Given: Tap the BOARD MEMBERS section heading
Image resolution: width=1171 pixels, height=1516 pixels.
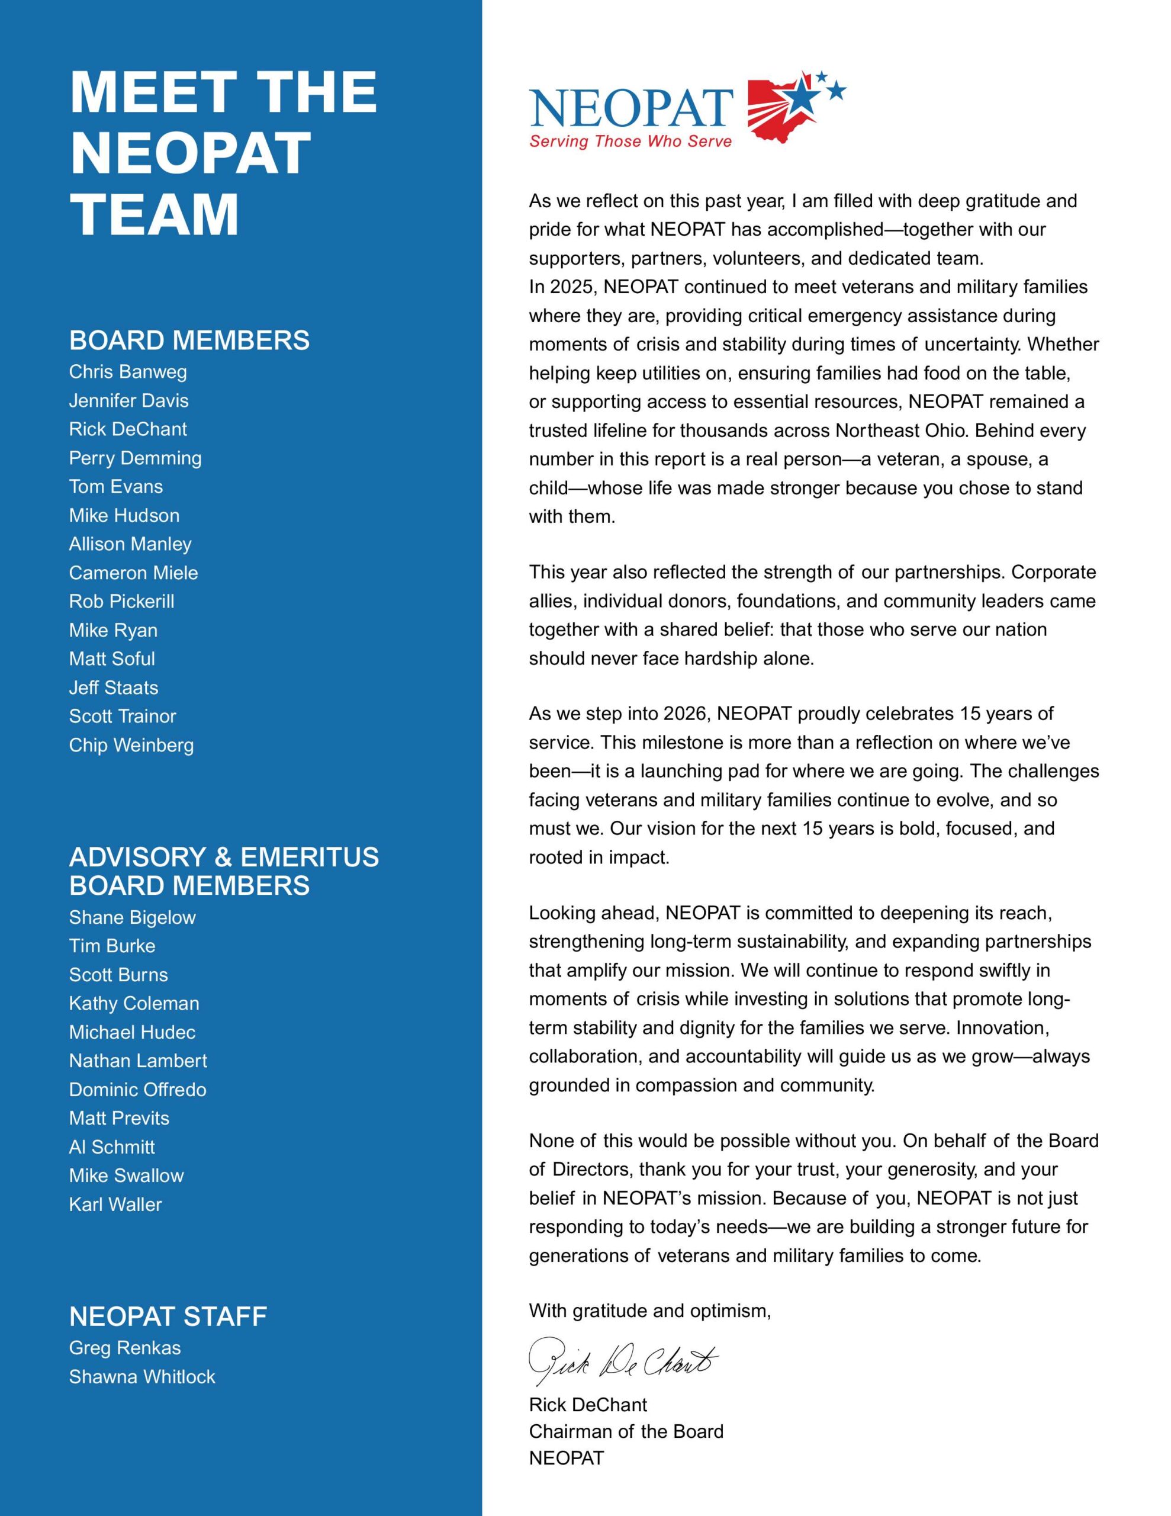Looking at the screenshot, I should point(189,340).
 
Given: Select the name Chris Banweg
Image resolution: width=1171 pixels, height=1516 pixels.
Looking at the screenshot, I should point(128,372).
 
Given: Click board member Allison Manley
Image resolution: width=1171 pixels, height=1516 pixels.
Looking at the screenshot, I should point(130,544).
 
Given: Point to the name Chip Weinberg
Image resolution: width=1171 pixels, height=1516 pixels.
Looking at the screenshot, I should point(131,746).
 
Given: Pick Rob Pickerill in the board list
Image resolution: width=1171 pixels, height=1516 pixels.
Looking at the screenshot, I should point(121,601).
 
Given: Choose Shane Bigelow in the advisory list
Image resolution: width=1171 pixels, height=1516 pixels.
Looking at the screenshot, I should point(132,918).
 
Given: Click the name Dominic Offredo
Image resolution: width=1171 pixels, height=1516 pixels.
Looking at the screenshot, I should point(137,1090).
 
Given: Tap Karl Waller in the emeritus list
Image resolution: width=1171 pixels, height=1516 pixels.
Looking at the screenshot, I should point(115,1205).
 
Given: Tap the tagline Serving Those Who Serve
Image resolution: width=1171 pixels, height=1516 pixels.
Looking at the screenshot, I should point(630,142).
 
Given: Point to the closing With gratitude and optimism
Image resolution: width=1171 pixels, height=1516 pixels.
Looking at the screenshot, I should point(649,1311).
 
